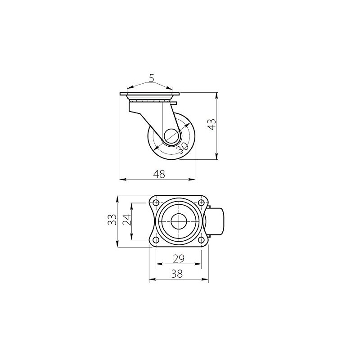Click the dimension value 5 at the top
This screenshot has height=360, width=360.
(152, 79)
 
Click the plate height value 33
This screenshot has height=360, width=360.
(112, 220)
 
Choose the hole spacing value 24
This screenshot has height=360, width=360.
(126, 220)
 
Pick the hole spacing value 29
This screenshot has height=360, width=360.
(179, 258)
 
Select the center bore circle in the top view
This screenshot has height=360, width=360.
(179, 221)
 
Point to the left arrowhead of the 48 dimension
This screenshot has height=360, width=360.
(122, 179)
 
